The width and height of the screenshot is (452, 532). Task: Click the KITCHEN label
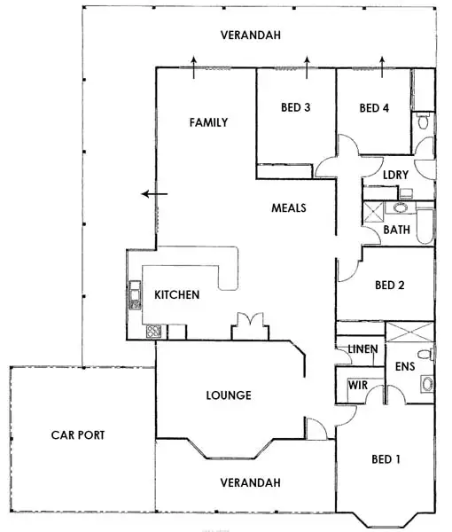coord(176,294)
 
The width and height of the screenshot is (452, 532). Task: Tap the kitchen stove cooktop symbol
coord(152,332)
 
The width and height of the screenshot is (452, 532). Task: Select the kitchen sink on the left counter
coord(136,293)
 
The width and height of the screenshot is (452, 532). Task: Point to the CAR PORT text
coord(78,435)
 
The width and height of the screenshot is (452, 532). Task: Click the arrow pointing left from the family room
coord(153,194)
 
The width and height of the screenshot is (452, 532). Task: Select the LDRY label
coord(394,175)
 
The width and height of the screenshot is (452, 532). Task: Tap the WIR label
coord(357,386)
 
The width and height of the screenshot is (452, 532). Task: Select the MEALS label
coord(288,208)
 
